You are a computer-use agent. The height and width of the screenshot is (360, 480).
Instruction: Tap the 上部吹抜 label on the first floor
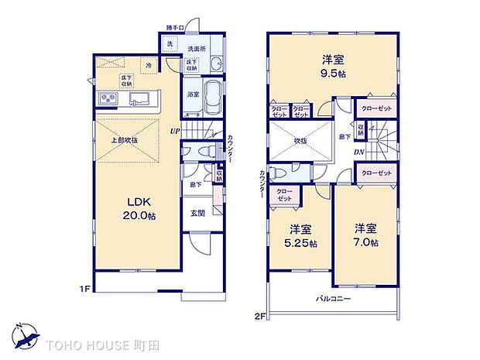tap(124, 140)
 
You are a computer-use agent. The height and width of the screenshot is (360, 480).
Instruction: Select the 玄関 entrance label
tap(197, 213)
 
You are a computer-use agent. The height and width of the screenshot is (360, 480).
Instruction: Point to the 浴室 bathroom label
tap(194, 94)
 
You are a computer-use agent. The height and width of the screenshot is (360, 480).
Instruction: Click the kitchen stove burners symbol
tap(107, 99)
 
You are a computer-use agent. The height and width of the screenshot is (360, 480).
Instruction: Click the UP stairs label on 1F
tap(177, 131)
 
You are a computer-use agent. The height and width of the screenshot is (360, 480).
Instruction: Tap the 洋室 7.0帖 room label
tap(366, 235)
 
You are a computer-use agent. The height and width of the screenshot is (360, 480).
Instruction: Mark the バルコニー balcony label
tap(332, 298)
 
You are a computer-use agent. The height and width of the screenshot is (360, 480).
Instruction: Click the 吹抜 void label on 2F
tap(301, 141)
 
